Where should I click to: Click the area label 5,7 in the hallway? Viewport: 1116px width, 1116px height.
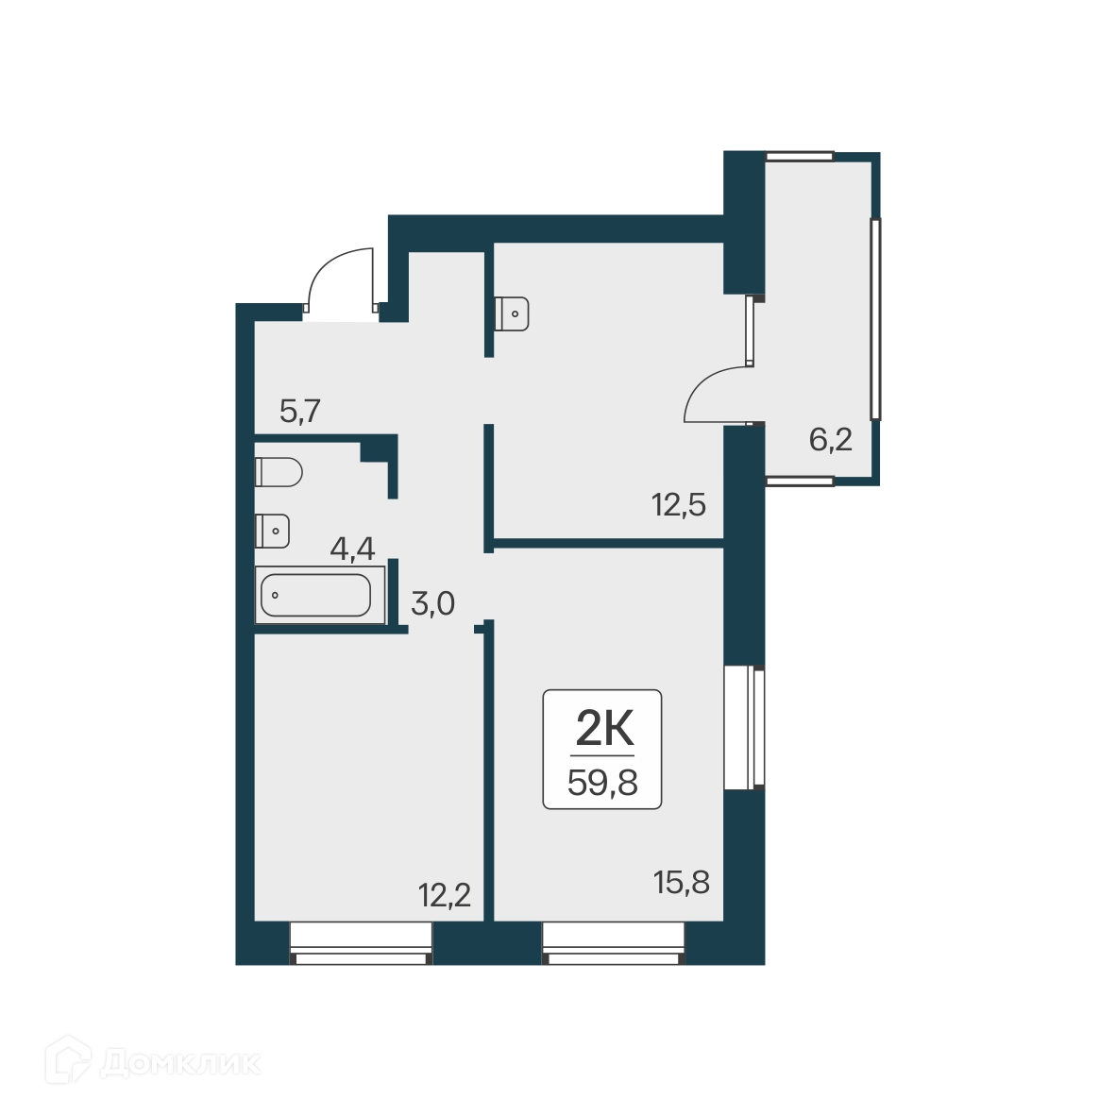click(x=301, y=412)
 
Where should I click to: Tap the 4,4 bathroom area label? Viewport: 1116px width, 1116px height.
click(x=352, y=548)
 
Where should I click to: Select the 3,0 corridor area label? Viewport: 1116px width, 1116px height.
click(x=433, y=603)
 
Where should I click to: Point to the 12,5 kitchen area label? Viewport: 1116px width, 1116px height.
click(x=679, y=505)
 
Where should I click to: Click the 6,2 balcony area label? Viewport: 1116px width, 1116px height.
click(x=831, y=439)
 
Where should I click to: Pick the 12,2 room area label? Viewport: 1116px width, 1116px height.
click(x=445, y=893)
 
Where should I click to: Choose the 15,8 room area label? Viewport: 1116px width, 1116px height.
click(x=682, y=883)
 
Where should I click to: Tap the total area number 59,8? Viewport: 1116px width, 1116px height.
click(x=602, y=783)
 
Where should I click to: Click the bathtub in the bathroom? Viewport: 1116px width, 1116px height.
click(x=316, y=595)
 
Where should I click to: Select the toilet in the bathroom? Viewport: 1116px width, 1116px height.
click(x=278, y=471)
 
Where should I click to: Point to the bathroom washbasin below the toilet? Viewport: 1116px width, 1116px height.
click(x=272, y=531)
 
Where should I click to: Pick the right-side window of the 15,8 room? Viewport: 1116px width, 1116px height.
click(x=745, y=727)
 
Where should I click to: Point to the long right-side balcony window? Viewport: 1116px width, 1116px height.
click(x=876, y=318)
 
